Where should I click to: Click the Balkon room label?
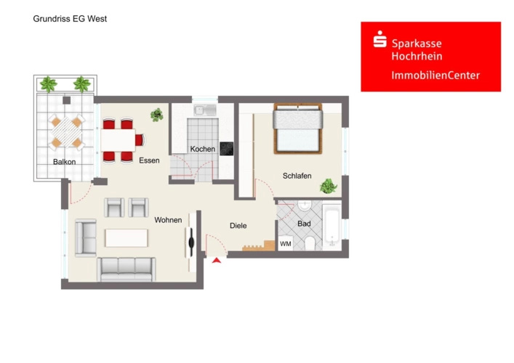(64, 162)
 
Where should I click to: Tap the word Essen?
(149, 160)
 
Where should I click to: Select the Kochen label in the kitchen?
(203, 149)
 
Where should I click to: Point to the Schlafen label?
(297, 176)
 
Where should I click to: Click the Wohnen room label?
(168, 220)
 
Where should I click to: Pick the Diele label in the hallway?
(238, 226)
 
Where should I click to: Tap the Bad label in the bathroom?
(304, 224)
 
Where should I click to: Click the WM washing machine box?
(286, 243)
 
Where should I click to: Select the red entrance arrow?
(217, 260)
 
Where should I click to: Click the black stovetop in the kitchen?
(227, 149)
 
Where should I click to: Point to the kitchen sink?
(204, 110)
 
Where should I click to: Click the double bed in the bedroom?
(297, 129)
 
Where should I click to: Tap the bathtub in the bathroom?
(332, 226)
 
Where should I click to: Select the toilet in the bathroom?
(310, 243)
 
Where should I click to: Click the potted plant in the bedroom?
(328, 187)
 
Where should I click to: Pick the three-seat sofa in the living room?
(127, 269)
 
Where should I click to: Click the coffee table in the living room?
(127, 238)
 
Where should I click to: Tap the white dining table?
(118, 140)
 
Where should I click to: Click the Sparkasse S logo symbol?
(380, 39)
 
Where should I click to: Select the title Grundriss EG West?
(70, 19)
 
